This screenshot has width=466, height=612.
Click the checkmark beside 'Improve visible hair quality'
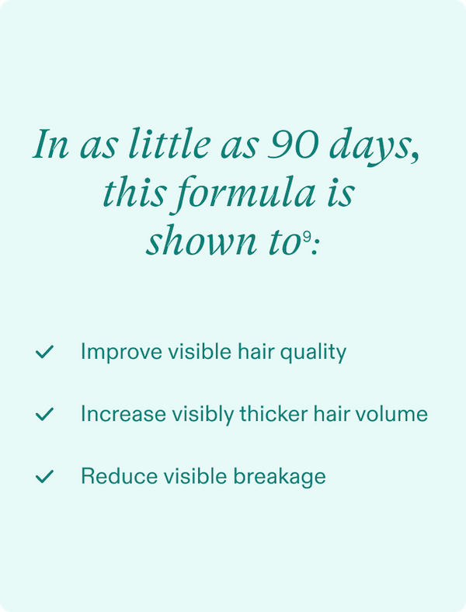(44, 353)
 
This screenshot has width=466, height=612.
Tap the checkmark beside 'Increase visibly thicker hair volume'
(44, 415)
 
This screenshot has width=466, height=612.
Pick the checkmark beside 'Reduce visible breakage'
(44, 477)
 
